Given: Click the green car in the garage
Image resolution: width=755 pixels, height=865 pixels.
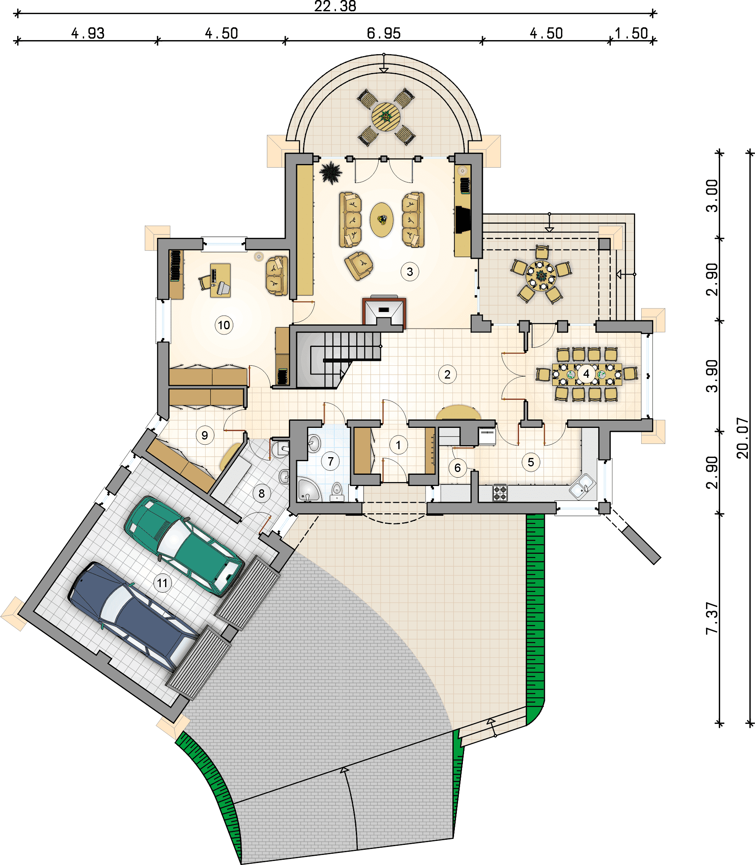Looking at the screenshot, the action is coord(184,545).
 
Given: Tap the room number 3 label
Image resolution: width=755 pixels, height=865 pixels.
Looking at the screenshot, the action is coord(410,272).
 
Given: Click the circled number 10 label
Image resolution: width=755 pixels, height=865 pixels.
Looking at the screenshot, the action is coord(224,325).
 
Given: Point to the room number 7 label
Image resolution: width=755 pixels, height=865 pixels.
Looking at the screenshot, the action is coord(330,461).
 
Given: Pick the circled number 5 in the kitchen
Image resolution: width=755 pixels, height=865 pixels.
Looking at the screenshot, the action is coord(531,462).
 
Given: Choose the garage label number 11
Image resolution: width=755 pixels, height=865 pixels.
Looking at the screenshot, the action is coord(162,583).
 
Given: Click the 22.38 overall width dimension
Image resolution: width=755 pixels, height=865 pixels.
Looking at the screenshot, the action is coord(335,6).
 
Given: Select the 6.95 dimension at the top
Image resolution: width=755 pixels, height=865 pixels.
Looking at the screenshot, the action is coord(384,33).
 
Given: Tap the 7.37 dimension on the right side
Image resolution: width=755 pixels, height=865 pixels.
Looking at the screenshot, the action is coord(712,618).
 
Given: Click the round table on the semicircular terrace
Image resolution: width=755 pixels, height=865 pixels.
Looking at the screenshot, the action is coord(386,117).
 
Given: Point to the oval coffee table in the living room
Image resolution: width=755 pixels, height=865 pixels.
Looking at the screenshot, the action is coord(381,220).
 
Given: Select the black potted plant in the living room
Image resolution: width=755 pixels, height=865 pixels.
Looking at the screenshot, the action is coord(330,172).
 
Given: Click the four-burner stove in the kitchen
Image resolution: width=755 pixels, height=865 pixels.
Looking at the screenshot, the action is coord(500,493).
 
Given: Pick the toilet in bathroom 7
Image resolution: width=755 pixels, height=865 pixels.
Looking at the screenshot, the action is coord(336,491).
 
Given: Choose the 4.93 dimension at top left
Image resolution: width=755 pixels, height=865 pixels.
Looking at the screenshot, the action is coord(88,33).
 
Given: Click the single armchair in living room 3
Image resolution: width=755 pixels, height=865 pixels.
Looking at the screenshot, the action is coord(359,265).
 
